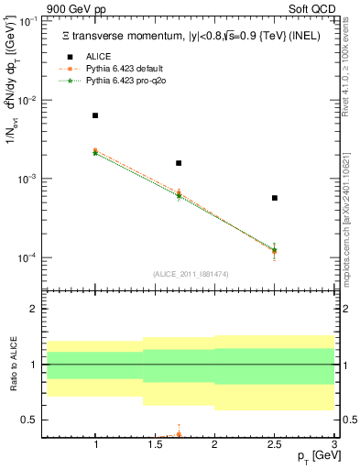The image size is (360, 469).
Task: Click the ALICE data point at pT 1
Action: pos(95,115)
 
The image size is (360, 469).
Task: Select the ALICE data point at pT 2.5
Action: pos(274,198)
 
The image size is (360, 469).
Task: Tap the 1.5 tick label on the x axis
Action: pos(155,445)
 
